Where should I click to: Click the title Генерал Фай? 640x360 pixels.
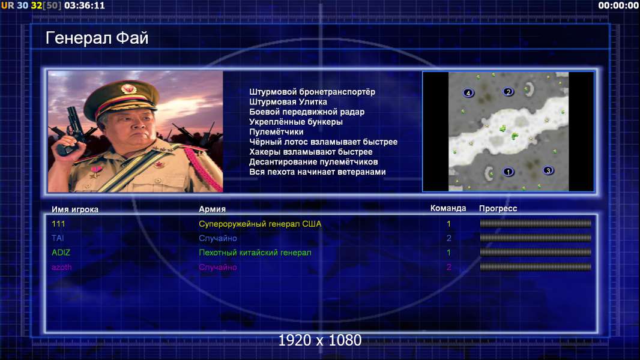pyautogui.click(x=97, y=38)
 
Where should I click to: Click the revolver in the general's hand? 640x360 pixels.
pyautogui.click(x=70, y=130)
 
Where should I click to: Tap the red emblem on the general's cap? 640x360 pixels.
pyautogui.click(x=128, y=88)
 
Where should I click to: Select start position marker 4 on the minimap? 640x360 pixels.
pyautogui.click(x=468, y=93)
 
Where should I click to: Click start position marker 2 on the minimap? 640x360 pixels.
pyautogui.click(x=508, y=92)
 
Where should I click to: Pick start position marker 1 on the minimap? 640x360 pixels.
pyautogui.click(x=508, y=172)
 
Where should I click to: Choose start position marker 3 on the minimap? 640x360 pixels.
pyautogui.click(x=548, y=170)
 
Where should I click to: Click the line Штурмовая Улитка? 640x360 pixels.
pyautogui.click(x=288, y=102)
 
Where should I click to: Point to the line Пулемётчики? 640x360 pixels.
pyautogui.click(x=276, y=131)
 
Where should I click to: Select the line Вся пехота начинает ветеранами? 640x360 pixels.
pyautogui.click(x=318, y=172)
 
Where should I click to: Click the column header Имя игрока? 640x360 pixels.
pyautogui.click(x=74, y=209)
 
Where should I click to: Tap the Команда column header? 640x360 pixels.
pyautogui.click(x=448, y=208)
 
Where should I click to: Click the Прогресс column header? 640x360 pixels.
pyautogui.click(x=498, y=209)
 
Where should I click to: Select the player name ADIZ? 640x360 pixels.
pyautogui.click(x=61, y=253)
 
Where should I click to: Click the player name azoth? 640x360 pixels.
pyautogui.click(x=62, y=268)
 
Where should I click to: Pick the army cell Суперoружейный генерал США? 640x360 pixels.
pyautogui.click(x=260, y=224)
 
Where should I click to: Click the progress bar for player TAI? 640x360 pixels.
pyautogui.click(x=536, y=238)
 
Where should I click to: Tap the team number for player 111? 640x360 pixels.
pyautogui.click(x=448, y=224)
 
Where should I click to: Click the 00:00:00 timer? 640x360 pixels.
pyautogui.click(x=618, y=5)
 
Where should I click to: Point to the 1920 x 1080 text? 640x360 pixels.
pyautogui.click(x=320, y=340)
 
